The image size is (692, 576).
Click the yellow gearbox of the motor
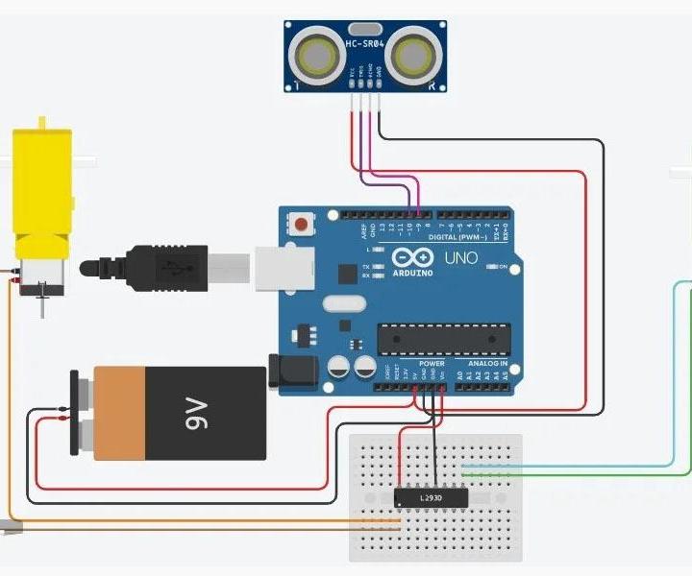41,187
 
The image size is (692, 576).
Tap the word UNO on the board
453,258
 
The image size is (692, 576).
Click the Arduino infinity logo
411,258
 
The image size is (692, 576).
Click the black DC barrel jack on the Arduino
293,372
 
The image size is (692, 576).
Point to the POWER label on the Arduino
432,364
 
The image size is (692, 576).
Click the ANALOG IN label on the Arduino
488,364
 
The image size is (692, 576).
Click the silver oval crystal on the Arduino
344,304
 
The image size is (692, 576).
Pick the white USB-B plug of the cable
231,267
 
